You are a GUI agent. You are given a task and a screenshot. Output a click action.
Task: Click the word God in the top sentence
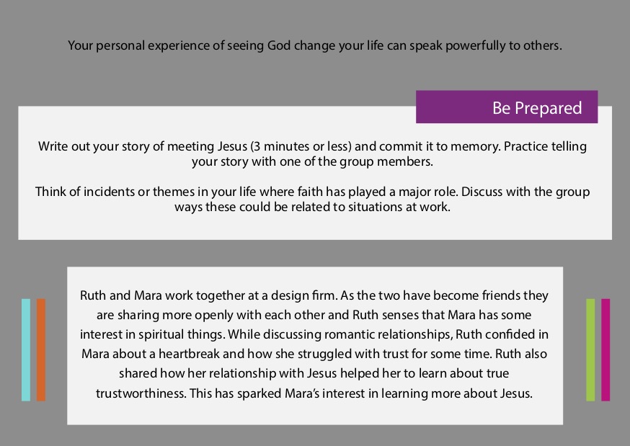(x=279, y=45)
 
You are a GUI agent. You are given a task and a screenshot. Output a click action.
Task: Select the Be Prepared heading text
(x=537, y=108)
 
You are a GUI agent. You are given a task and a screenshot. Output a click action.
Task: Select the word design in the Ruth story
(x=290, y=296)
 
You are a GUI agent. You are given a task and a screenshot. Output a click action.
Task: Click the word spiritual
(x=161, y=335)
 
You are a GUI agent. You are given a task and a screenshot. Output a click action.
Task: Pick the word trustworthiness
(x=141, y=393)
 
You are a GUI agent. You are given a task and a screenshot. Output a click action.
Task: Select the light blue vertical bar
(x=26, y=349)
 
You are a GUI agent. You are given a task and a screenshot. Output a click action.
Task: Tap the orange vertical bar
(x=41, y=349)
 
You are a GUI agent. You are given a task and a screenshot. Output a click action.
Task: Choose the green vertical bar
(x=590, y=349)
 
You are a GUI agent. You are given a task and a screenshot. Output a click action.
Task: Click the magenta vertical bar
(x=605, y=349)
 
